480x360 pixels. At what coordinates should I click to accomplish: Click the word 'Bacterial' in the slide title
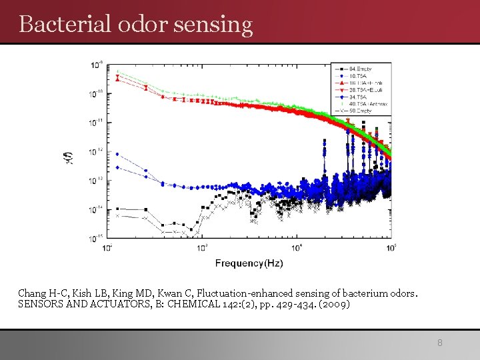55,24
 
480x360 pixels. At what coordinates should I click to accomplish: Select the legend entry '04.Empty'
362,69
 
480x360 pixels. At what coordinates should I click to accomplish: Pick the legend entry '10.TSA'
360,75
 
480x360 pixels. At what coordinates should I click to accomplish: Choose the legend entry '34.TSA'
360,96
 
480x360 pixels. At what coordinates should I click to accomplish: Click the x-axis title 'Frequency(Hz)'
249,263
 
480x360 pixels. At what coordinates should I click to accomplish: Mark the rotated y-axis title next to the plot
70,157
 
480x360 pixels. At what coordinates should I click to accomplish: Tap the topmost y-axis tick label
97,65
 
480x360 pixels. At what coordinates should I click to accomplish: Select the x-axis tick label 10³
202,248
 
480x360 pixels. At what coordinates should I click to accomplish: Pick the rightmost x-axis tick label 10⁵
391,248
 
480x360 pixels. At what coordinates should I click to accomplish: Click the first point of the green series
117,71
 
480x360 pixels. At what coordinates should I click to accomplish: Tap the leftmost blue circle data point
117,154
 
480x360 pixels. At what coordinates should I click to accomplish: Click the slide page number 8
439,343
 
